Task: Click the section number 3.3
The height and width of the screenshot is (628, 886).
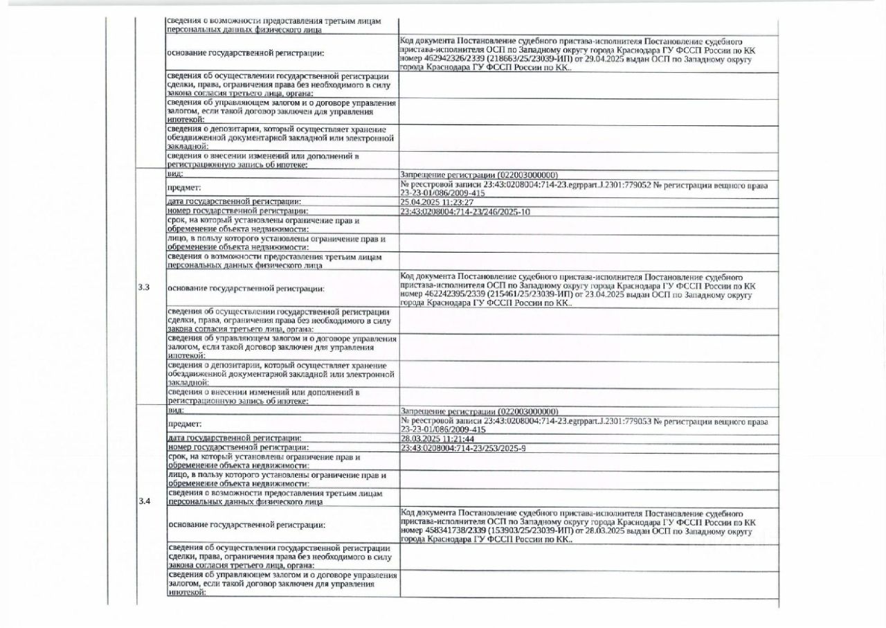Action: click(144, 287)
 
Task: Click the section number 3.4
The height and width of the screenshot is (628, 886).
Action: click(144, 501)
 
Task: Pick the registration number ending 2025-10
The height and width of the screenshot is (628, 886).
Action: click(465, 212)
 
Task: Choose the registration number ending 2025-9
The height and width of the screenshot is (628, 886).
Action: click(462, 449)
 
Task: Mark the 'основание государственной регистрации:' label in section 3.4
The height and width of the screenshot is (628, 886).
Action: click(246, 526)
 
